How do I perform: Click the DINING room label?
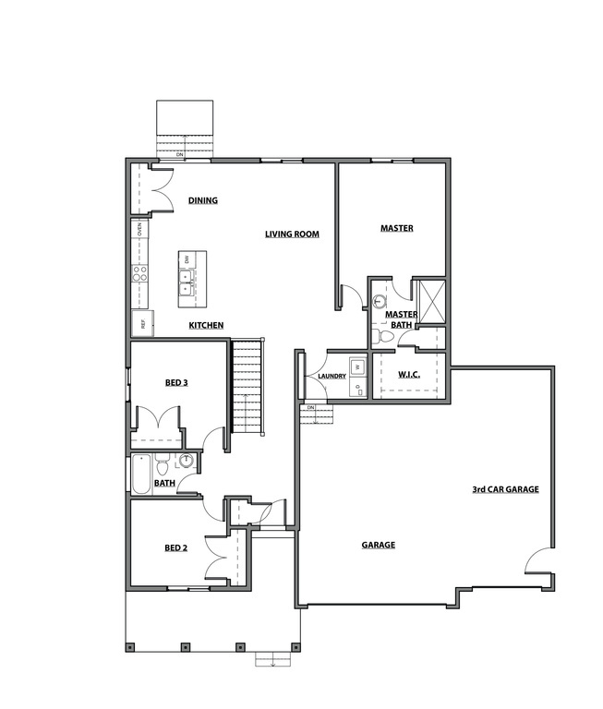tap(202, 200)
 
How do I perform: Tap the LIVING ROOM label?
tap(292, 234)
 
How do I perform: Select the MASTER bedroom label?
tap(396, 228)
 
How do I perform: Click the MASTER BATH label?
tap(401, 318)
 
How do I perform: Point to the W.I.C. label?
tap(409, 374)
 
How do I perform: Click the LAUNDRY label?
tap(331, 376)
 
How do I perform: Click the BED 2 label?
tap(175, 547)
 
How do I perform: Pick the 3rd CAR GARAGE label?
tap(505, 489)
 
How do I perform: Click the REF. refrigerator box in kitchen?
tap(144, 322)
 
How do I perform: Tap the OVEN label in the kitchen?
tap(139, 229)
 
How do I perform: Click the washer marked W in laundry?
tap(355, 367)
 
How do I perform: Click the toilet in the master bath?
tap(385, 337)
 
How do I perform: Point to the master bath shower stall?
tap(431, 300)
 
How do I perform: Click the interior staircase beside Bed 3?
tap(247, 386)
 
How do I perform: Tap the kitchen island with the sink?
tap(192, 278)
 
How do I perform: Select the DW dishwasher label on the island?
tap(187, 259)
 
